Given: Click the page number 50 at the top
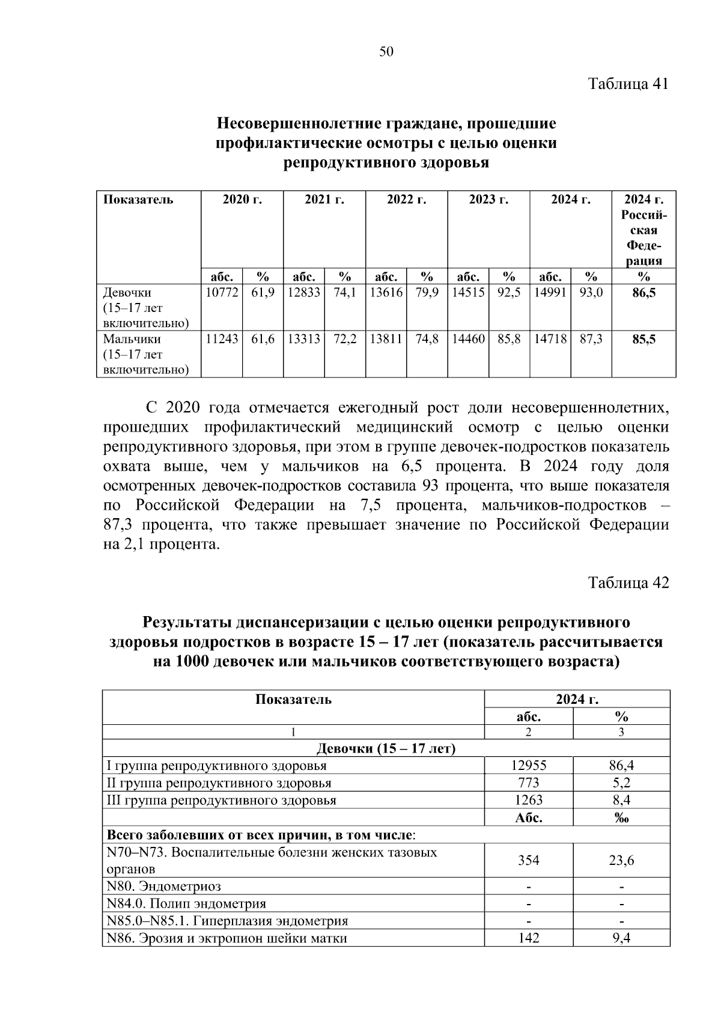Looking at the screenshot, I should click(386, 52).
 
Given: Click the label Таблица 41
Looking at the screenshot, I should click(628, 84).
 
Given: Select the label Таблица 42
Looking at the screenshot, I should click(628, 583).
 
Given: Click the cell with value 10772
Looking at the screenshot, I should click(222, 293).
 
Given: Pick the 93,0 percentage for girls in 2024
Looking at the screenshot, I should click(591, 293).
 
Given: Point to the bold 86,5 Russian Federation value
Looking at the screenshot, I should click(643, 293).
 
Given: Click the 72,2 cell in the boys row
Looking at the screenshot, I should click(345, 340).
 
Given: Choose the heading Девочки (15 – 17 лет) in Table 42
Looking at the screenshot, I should click(386, 749).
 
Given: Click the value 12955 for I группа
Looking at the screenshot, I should click(529, 766).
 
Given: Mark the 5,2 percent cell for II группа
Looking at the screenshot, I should click(621, 783).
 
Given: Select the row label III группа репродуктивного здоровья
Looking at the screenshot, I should click(221, 801).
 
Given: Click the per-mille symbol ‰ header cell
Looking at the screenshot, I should click(621, 818).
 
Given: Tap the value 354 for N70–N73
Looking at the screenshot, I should click(529, 861).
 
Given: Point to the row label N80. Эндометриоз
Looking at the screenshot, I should click(163, 887).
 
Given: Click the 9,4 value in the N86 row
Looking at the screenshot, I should click(621, 938).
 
